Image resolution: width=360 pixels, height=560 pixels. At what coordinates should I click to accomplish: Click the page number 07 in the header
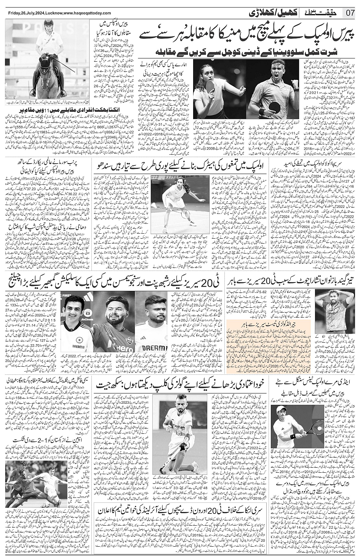(350, 13)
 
